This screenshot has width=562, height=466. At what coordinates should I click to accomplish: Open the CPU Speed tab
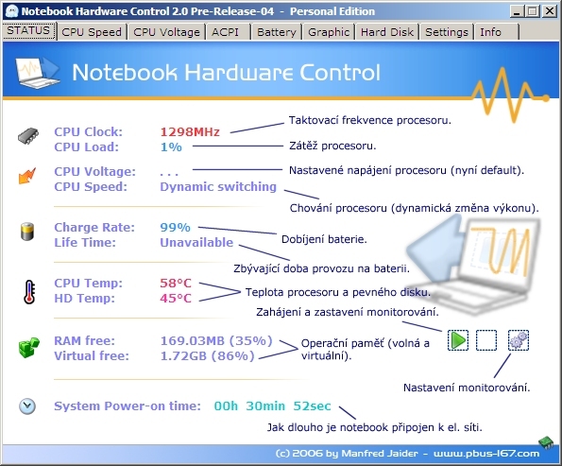click(x=92, y=31)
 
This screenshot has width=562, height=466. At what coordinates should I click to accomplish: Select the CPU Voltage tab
click(x=166, y=31)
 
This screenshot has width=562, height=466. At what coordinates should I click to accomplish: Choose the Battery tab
click(x=276, y=31)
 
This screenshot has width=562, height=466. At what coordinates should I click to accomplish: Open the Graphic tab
click(x=329, y=31)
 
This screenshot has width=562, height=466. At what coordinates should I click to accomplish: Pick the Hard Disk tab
click(x=387, y=31)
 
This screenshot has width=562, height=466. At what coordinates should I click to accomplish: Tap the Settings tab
click(x=447, y=31)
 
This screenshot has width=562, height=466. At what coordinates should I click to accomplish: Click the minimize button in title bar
click(x=519, y=11)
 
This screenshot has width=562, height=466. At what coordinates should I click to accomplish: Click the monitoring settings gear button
click(x=519, y=339)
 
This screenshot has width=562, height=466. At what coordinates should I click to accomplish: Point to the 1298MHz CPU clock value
click(x=190, y=131)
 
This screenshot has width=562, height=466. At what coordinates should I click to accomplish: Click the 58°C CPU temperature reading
click(x=176, y=282)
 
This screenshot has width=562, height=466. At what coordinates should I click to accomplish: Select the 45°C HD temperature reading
click(x=176, y=298)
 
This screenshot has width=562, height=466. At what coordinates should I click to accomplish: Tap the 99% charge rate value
click(x=175, y=227)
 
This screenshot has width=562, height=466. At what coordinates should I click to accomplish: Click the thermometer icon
click(x=27, y=290)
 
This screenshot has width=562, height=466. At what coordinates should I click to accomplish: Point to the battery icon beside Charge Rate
click(x=27, y=232)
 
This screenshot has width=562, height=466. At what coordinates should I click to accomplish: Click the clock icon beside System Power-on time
click(x=27, y=406)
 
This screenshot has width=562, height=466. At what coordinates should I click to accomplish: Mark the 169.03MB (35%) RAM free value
click(x=216, y=339)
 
